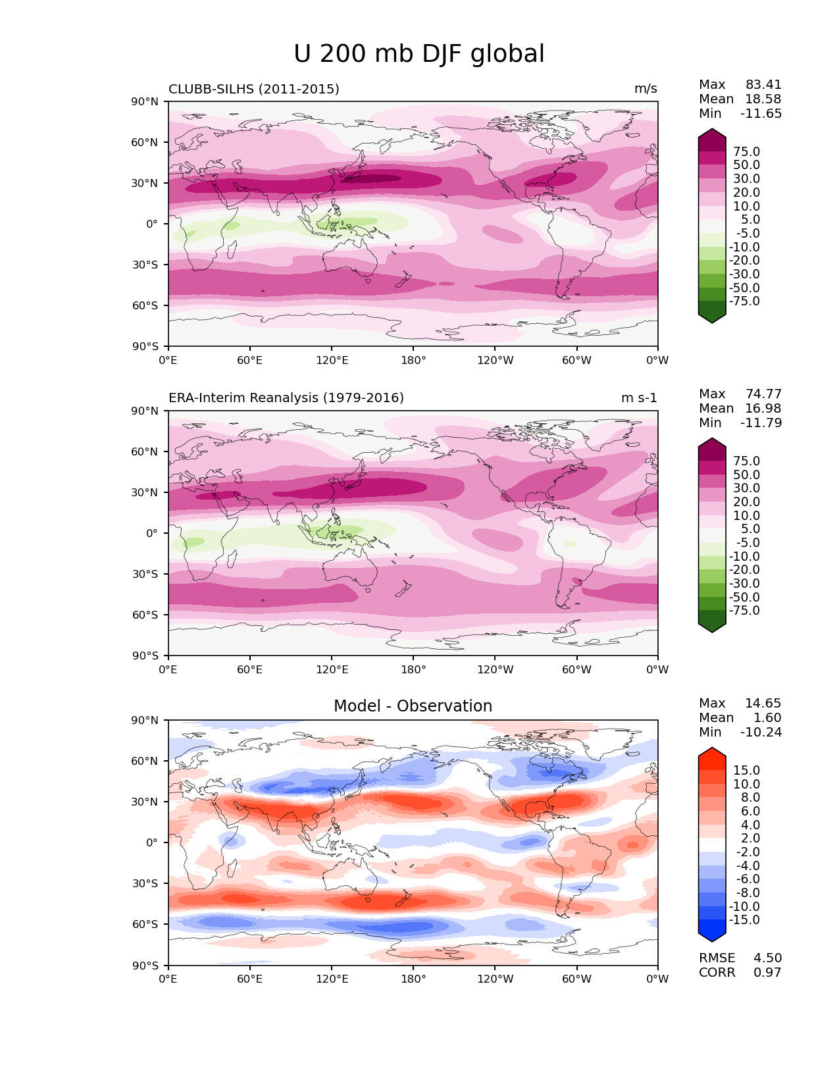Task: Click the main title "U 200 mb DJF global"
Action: pyautogui.click(x=419, y=54)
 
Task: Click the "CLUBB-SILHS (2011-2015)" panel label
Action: pyautogui.click(x=254, y=89)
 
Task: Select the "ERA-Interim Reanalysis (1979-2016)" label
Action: pyautogui.click(x=286, y=398)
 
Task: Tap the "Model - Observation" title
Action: pyautogui.click(x=413, y=706)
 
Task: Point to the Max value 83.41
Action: pyautogui.click(x=763, y=85)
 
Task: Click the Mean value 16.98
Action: pyautogui.click(x=763, y=409)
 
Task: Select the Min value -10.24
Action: pyautogui.click(x=761, y=733)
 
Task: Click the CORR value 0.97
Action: pyautogui.click(x=767, y=973)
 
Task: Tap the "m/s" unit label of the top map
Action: pyautogui.click(x=646, y=89)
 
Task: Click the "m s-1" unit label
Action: pyautogui.click(x=639, y=398)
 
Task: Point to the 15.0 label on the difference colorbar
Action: pyautogui.click(x=746, y=771)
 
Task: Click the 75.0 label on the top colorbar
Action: pyautogui.click(x=746, y=152)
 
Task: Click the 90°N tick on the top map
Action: pyautogui.click(x=145, y=102)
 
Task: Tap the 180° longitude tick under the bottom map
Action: pyautogui.click(x=413, y=979)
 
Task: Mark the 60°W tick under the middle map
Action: pyautogui.click(x=576, y=670)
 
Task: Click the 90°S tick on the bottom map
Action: pyautogui.click(x=145, y=966)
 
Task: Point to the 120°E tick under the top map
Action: pyautogui.click(x=332, y=361)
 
